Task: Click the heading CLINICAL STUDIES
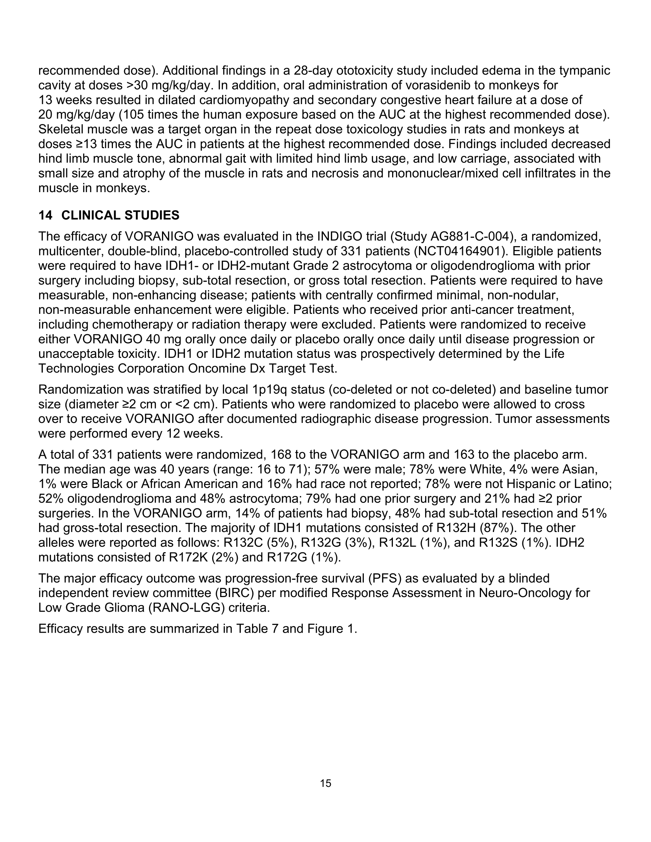coord(120,215)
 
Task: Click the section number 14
coord(45,215)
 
